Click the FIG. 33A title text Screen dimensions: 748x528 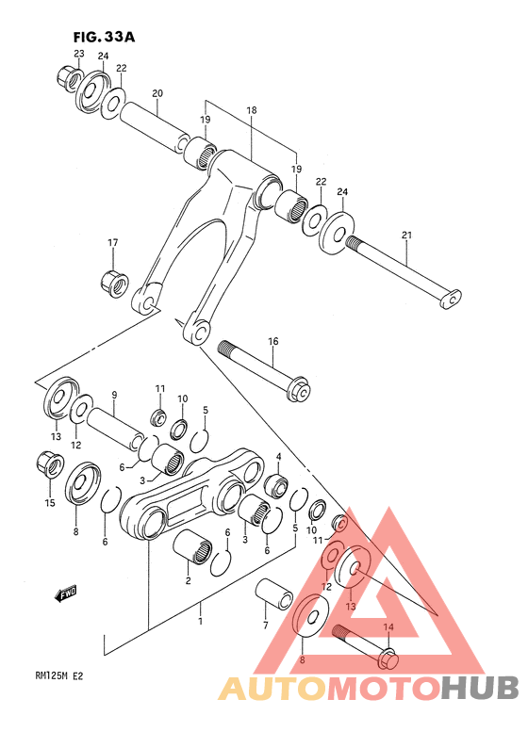(104, 37)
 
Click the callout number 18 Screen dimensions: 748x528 (252, 110)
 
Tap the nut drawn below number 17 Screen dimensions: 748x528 (113, 280)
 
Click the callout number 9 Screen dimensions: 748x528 (113, 395)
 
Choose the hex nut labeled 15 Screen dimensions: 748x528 (49, 463)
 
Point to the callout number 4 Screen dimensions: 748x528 (278, 457)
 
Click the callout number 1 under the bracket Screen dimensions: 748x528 (200, 622)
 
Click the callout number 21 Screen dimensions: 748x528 (406, 234)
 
